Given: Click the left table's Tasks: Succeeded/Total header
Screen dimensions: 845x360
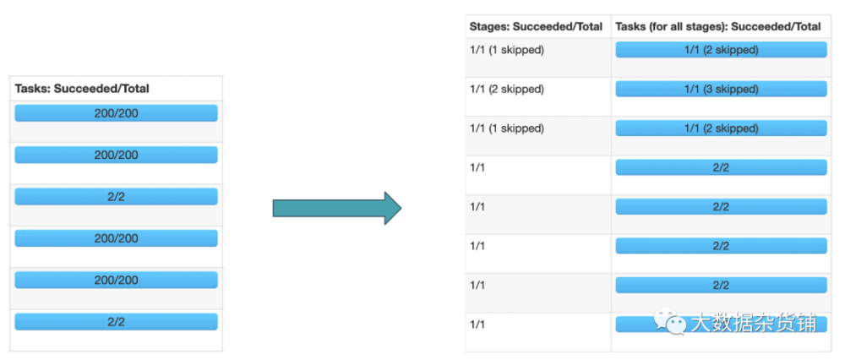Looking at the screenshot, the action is click(82, 89).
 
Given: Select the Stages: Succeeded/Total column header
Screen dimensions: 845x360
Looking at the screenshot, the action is click(536, 26).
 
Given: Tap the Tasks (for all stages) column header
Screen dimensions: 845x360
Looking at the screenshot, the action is click(717, 26).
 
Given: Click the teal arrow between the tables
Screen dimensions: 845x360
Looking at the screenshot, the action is click(337, 208).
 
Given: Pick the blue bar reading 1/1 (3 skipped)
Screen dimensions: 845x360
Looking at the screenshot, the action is click(721, 89).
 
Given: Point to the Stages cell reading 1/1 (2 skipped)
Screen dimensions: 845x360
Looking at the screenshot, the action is click(506, 89).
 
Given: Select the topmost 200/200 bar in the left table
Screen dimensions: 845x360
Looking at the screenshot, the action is click(116, 113).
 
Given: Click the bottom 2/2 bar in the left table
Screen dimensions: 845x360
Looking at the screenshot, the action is click(116, 322).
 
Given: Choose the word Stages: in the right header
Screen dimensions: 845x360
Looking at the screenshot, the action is click(488, 26).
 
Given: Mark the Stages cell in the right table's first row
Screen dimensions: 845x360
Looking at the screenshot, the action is click(506, 50).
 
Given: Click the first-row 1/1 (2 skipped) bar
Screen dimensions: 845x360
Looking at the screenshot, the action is click(721, 50).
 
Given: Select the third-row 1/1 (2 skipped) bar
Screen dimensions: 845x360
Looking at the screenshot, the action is click(721, 128).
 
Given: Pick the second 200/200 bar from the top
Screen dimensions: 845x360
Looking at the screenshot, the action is click(116, 155).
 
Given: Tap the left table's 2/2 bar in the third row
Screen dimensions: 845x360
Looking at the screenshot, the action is click(116, 197).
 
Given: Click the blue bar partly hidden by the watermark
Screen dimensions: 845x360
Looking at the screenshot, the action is click(721, 324).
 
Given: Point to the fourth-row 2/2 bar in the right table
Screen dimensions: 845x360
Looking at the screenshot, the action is click(721, 167).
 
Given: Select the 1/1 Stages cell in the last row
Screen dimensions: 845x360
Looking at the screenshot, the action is click(477, 325).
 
